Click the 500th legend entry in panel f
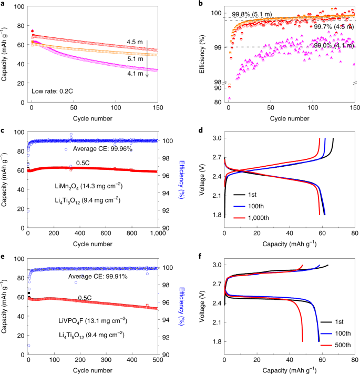(341, 345)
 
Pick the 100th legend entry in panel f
(341, 333)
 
